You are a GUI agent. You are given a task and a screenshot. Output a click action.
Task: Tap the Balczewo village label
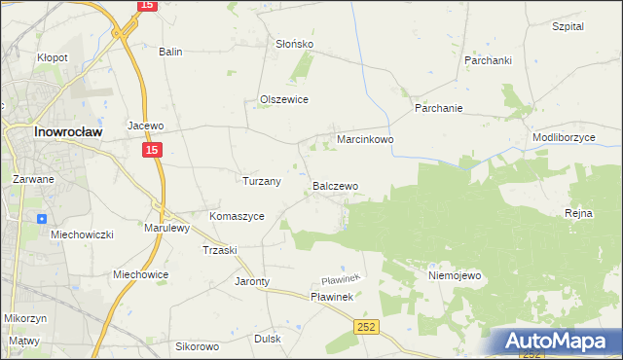tap(335, 185)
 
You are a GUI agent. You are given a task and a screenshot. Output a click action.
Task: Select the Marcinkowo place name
tap(365, 140)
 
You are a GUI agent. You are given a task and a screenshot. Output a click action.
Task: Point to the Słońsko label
tap(294, 45)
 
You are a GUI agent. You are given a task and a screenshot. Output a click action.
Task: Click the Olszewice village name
tap(284, 99)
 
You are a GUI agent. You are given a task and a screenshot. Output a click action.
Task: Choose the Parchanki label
tap(488, 60)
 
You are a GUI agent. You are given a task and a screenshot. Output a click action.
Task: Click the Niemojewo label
tap(455, 276)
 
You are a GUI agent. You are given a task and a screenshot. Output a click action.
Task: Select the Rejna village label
tap(578, 212)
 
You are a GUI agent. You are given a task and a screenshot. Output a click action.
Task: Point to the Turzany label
tap(261, 181)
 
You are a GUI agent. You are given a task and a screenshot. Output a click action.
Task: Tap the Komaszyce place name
tap(237, 216)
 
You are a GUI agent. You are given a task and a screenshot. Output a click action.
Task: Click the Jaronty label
tap(252, 282)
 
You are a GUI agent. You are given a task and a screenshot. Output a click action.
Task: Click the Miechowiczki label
tap(83, 235)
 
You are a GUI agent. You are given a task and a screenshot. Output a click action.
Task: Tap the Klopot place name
tap(53, 57)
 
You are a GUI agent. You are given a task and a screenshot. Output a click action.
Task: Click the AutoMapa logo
tap(560, 342)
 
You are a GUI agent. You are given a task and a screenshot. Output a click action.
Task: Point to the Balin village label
tap(171, 52)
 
